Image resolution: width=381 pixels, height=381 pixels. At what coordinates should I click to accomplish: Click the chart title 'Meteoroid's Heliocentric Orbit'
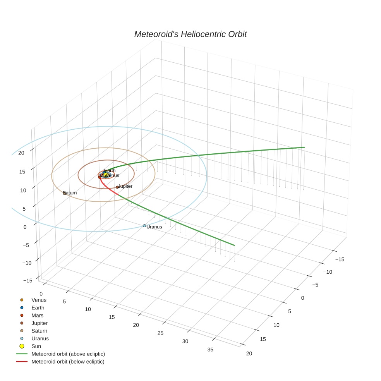coord(190,34)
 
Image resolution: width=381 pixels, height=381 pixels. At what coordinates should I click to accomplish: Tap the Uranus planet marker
coord(144,226)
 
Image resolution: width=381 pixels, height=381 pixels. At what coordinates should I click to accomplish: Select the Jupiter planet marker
coord(117,187)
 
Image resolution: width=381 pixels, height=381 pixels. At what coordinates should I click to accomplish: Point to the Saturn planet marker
coord(65,193)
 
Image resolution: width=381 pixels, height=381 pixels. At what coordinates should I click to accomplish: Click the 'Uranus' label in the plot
coord(154,227)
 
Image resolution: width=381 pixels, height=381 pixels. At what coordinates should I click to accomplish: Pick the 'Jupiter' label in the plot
coord(125,186)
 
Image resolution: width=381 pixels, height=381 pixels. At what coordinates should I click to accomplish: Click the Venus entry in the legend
coord(39,300)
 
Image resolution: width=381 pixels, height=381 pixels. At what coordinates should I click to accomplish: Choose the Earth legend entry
coord(38,308)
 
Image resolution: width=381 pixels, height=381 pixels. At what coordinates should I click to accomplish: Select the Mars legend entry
coord(38,316)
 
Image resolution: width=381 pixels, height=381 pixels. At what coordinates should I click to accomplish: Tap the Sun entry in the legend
coord(36,346)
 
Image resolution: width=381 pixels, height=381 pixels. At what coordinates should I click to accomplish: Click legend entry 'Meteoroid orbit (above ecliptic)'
coord(68,354)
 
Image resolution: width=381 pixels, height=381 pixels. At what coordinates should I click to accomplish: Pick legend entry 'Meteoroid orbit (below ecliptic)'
coord(68,362)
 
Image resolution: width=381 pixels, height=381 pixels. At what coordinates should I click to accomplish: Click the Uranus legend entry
coord(40,338)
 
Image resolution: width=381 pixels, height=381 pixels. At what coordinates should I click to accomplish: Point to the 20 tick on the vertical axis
coord(21,153)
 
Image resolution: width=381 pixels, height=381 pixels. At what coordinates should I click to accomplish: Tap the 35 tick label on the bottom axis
coord(210,350)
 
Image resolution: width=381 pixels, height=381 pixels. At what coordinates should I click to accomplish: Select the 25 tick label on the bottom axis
coord(160,333)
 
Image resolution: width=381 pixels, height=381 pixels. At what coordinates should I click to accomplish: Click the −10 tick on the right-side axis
coord(328,272)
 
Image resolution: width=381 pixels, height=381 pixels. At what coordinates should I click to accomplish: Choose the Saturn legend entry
coord(39,331)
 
